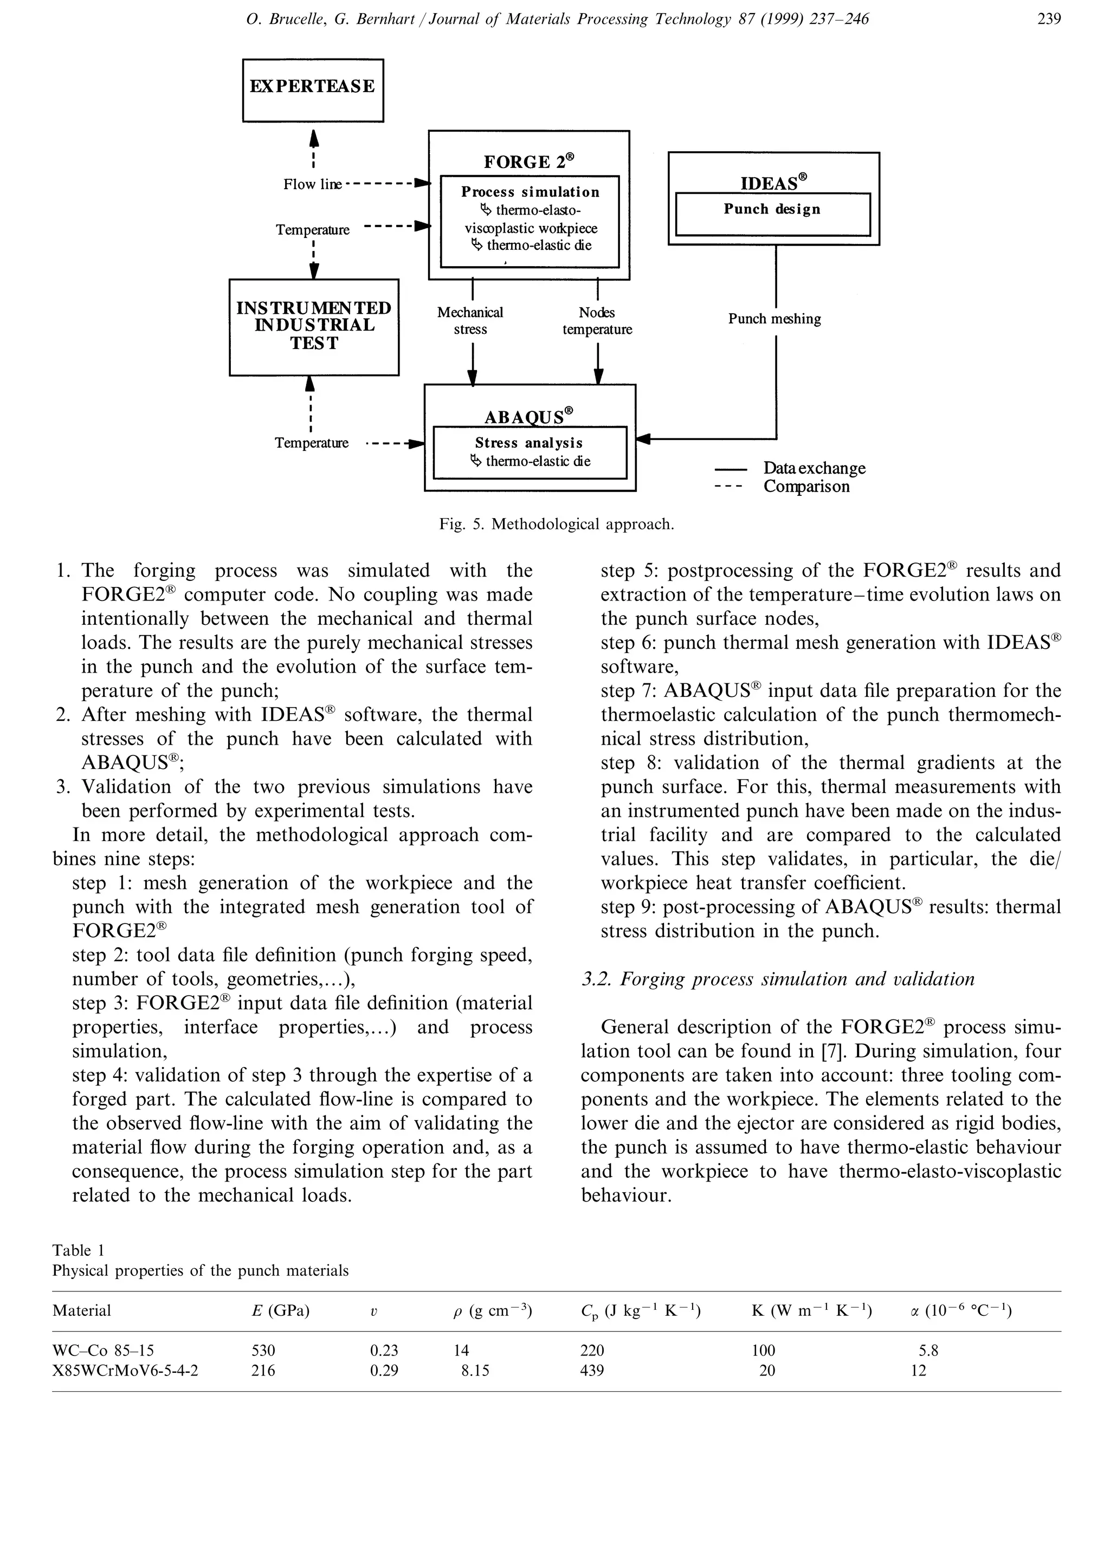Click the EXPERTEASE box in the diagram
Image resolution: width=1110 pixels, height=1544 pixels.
(x=313, y=90)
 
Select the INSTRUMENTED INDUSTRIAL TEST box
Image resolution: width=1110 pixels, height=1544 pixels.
(x=314, y=326)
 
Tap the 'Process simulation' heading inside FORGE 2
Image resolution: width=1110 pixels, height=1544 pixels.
(x=530, y=192)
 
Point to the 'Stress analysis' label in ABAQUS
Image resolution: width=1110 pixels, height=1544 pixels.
(x=529, y=443)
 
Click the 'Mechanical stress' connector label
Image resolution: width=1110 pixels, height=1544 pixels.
(x=470, y=321)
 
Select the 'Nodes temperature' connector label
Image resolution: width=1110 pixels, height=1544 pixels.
(x=597, y=321)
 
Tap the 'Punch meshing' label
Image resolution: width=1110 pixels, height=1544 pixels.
(x=775, y=319)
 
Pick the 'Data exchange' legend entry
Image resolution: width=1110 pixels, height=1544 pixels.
(x=814, y=468)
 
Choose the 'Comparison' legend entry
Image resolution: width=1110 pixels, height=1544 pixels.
(x=806, y=487)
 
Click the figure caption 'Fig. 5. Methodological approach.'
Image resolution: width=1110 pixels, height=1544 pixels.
(x=557, y=524)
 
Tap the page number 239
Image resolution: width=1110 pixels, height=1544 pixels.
(x=1049, y=19)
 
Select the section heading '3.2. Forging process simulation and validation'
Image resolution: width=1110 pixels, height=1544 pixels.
(x=778, y=979)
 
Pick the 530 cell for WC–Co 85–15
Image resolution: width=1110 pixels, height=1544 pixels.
(x=263, y=1351)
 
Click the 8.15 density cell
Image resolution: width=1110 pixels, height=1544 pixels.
(x=475, y=1371)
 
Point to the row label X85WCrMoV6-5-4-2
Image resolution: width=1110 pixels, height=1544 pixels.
(x=125, y=1371)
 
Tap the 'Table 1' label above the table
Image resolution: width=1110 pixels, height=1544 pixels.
(x=78, y=1250)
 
